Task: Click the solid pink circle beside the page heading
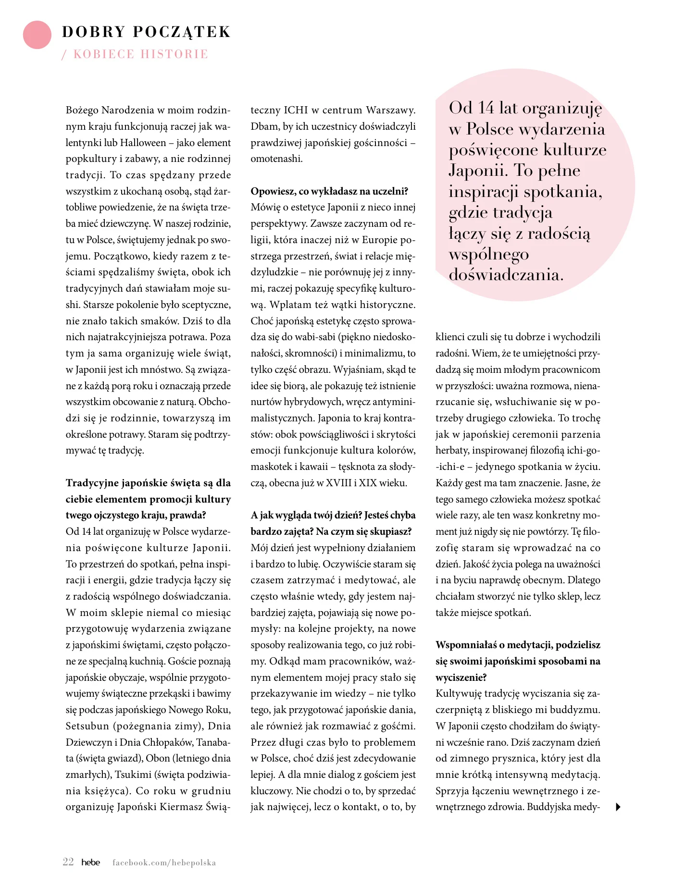pos(37,35)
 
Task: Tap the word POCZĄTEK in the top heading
pos(182,32)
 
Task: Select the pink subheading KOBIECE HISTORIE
pos(141,54)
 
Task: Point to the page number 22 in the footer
pos(68,861)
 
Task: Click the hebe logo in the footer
pos(90,862)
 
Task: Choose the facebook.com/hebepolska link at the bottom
pos(164,862)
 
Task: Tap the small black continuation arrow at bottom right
pos(618,807)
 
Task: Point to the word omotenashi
pos(276,159)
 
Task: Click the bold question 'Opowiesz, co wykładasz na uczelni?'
pos(329,191)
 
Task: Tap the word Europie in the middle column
pos(381,240)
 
